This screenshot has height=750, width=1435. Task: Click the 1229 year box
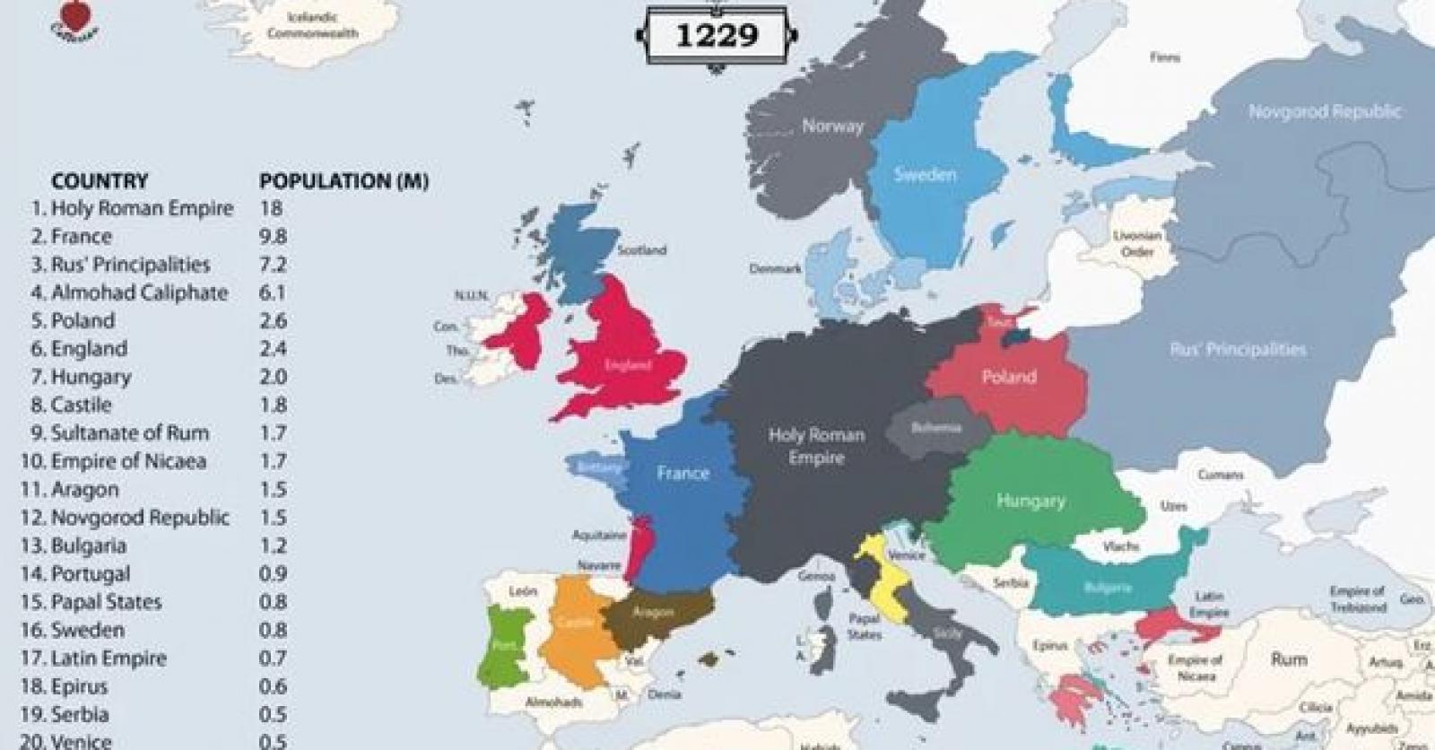click(x=716, y=36)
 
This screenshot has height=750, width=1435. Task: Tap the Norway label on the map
click(x=832, y=126)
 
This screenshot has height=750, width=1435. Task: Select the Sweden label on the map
click(x=925, y=175)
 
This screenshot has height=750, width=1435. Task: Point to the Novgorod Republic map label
click(x=1324, y=112)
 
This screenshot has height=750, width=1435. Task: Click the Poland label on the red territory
click(x=1008, y=377)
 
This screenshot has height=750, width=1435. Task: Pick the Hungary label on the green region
click(x=1031, y=501)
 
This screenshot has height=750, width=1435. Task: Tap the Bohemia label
click(x=935, y=428)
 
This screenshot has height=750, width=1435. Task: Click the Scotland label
click(x=641, y=250)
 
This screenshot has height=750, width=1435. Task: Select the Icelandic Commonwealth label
click(x=323, y=25)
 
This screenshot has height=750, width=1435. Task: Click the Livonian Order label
click(x=1137, y=243)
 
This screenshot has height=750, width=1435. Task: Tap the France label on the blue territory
click(x=683, y=473)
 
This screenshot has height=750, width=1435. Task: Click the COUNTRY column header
click(x=100, y=181)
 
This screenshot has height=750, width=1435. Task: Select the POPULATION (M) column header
click(x=344, y=181)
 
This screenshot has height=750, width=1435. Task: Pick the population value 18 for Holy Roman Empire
click(x=270, y=209)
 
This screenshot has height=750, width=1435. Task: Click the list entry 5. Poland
click(x=74, y=321)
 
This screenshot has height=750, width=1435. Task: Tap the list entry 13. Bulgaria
click(x=78, y=545)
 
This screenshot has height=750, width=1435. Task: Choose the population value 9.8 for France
click(x=273, y=237)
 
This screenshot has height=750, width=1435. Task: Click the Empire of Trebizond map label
click(x=1357, y=599)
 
